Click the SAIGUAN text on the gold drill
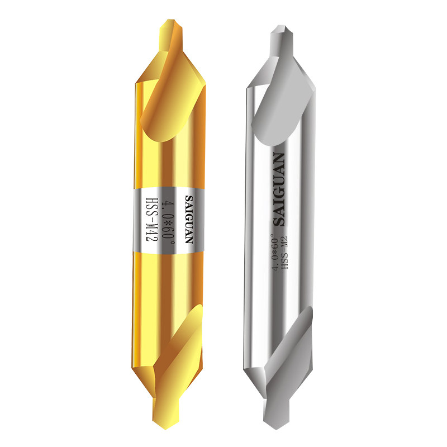[189, 219]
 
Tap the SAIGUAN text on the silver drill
[279, 189]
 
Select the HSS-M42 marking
[151, 220]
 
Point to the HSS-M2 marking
[284, 253]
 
